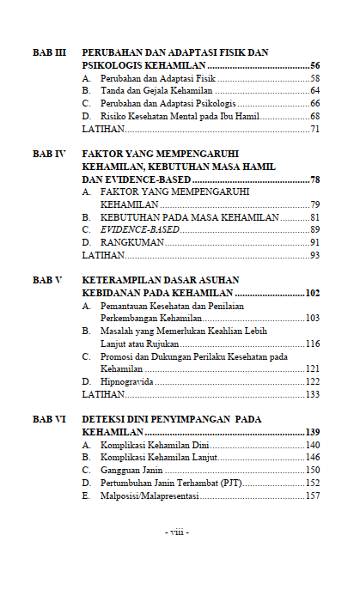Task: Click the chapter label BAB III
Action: (x=49, y=52)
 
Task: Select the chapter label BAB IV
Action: (x=49, y=154)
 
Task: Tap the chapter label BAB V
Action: (x=47, y=280)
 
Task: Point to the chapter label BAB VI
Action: (x=49, y=419)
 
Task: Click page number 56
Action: (x=314, y=65)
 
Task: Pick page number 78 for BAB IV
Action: (x=314, y=179)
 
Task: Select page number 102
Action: (x=312, y=293)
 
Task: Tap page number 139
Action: (x=312, y=432)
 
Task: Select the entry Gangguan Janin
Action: (x=131, y=471)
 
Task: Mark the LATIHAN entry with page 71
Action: (x=102, y=129)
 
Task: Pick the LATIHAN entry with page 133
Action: (x=102, y=394)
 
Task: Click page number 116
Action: (x=312, y=344)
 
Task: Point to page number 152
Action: (x=312, y=484)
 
